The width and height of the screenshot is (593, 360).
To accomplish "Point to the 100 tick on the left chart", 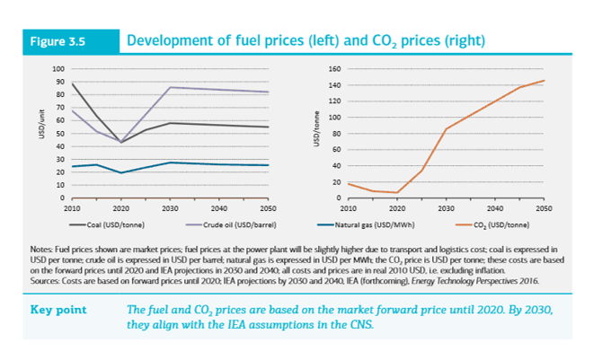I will click(58, 69).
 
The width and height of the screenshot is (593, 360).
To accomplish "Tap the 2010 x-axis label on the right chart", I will click(347, 206).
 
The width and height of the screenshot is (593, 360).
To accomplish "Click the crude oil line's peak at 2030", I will click(170, 87).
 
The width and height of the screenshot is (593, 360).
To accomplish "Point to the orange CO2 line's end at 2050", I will click(543, 81).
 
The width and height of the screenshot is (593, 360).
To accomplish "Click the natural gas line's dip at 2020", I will click(120, 172).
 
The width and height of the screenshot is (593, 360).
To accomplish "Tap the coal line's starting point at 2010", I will click(72, 84).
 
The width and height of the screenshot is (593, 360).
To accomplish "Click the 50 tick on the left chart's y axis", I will click(60, 134).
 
